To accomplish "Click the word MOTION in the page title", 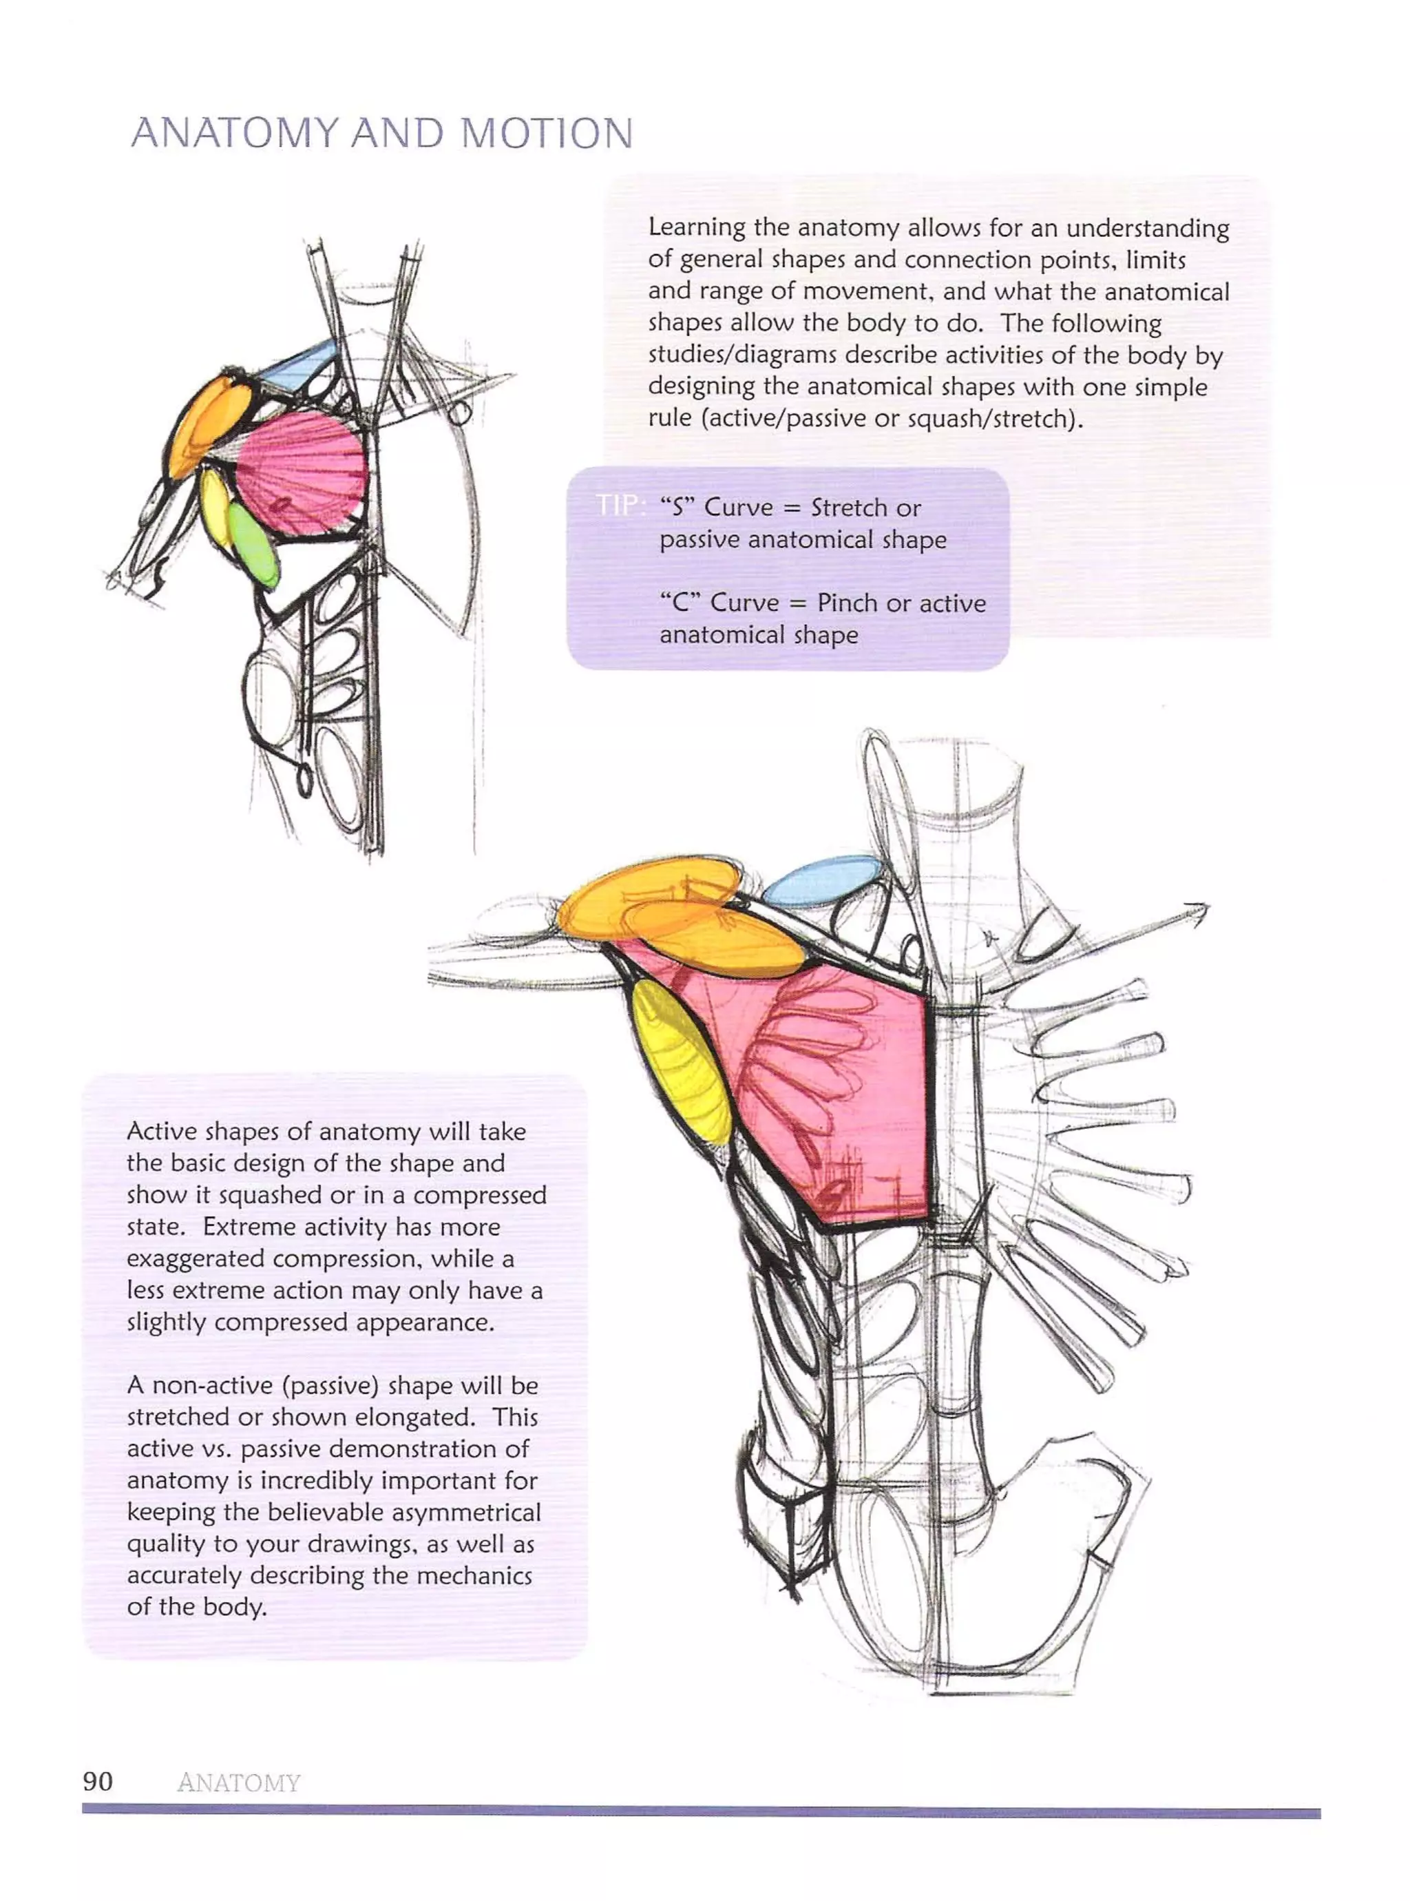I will [546, 134].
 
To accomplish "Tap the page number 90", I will [97, 1780].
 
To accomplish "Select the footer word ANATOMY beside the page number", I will [239, 1783].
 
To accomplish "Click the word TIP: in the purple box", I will [620, 506].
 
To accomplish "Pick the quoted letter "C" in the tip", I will [680, 603].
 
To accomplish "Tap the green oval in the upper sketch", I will [254, 547].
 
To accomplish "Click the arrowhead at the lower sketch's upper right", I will [1199, 913].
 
